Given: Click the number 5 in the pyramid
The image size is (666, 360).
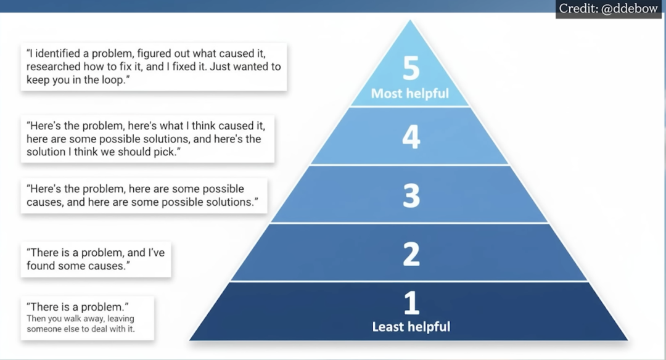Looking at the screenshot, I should pos(411,69).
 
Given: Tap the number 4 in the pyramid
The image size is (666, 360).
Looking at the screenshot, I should pos(411,137).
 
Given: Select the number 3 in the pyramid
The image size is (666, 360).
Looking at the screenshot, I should pos(411,195).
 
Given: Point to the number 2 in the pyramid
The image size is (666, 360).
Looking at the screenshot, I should pos(411,253).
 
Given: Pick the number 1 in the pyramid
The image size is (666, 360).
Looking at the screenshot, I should pos(411,303).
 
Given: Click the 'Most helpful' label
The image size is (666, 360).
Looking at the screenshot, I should pos(410,94).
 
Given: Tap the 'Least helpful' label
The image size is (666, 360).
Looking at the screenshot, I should pos(411,327).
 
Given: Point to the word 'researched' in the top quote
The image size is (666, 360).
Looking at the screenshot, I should pos(54,67).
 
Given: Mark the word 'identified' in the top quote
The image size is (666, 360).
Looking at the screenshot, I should pos(58,53).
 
